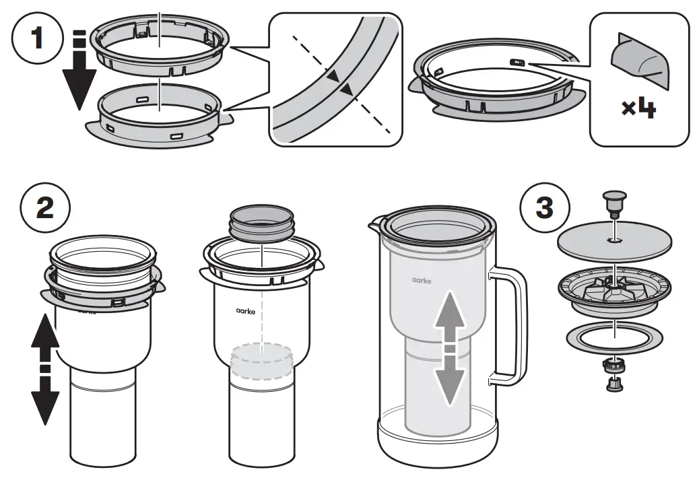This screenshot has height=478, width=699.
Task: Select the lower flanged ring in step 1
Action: point(160,122)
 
